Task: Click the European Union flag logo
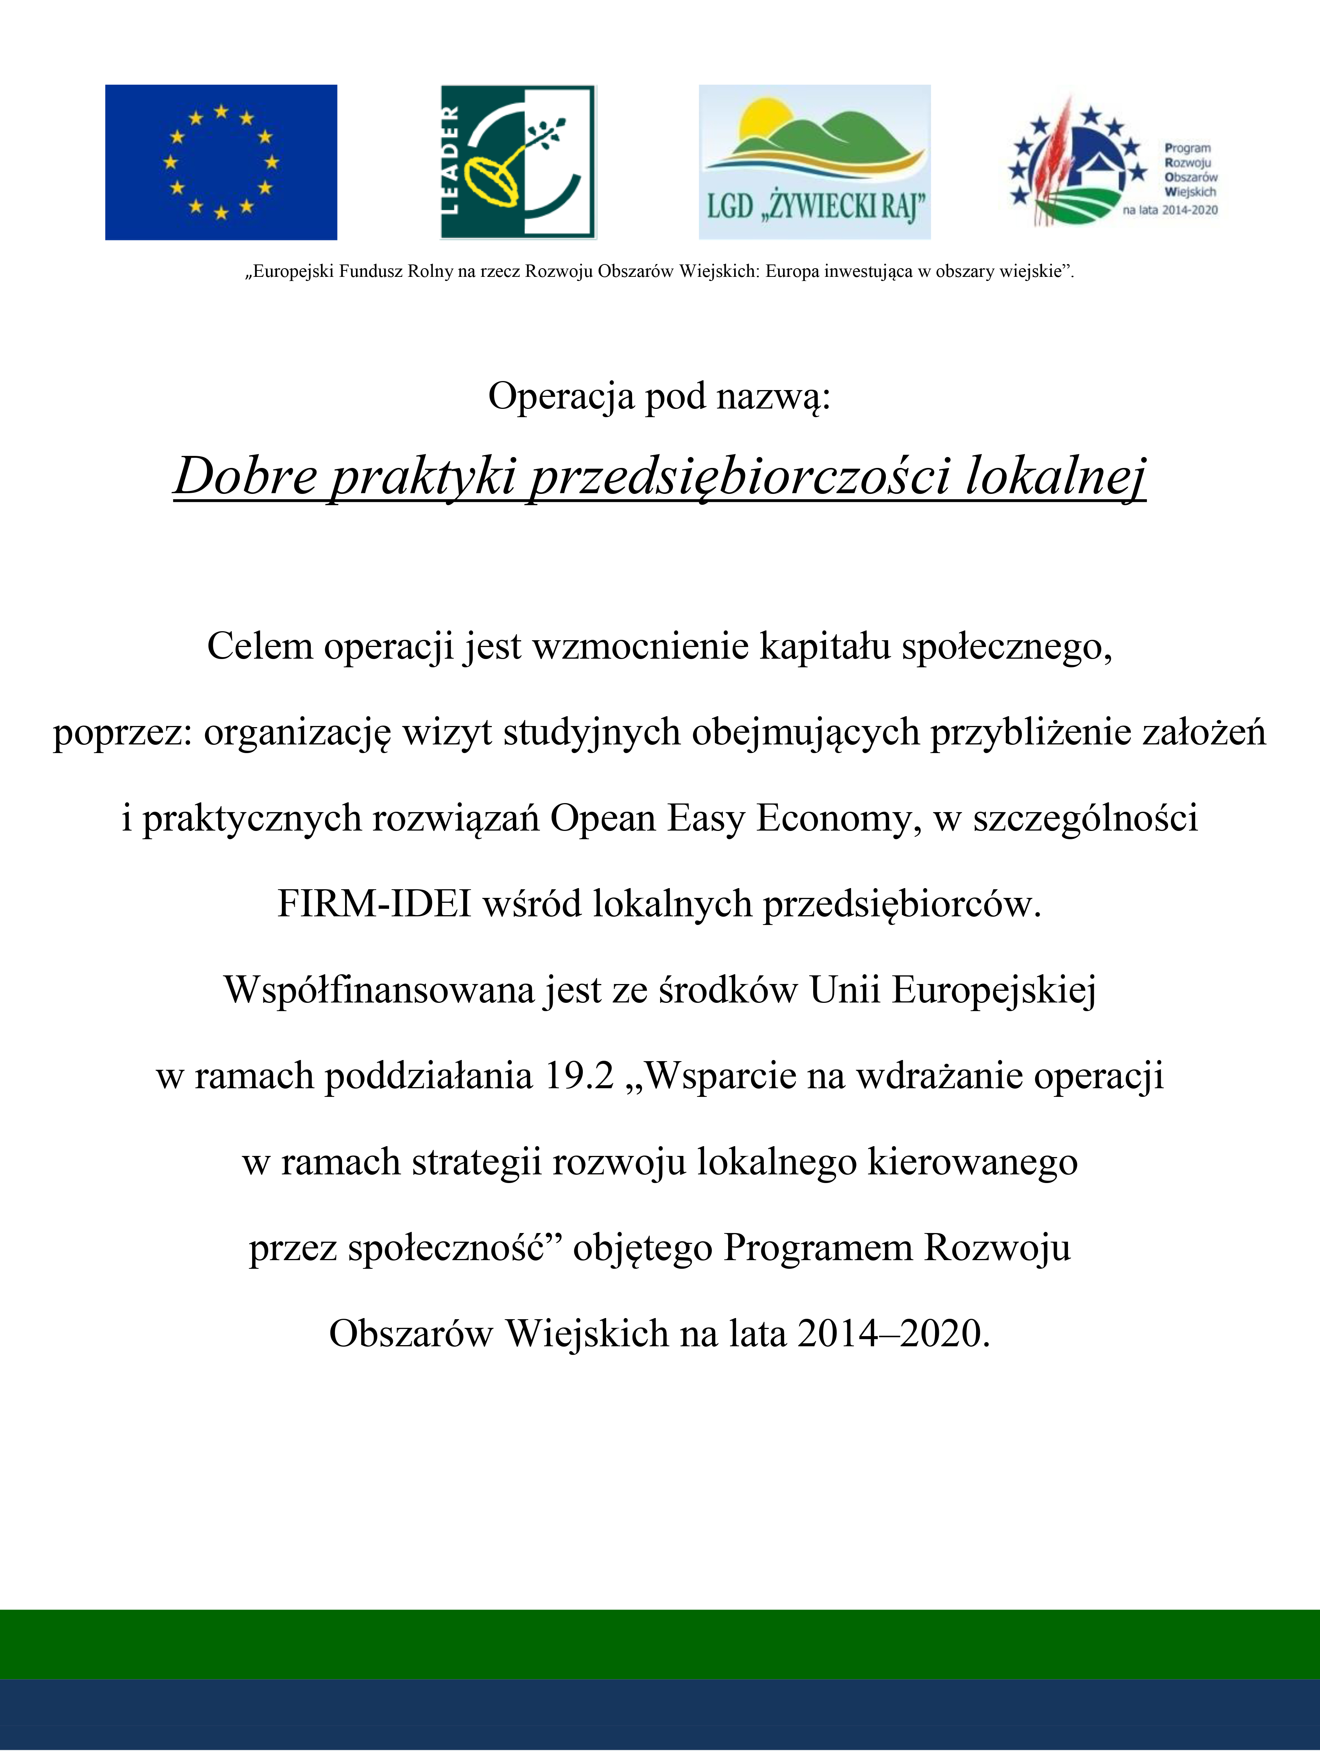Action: tap(221, 162)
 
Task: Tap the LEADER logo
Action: tap(518, 162)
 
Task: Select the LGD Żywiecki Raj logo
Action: tap(814, 162)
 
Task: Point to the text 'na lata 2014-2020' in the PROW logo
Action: tap(1169, 211)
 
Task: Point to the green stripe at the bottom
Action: tap(660, 1644)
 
